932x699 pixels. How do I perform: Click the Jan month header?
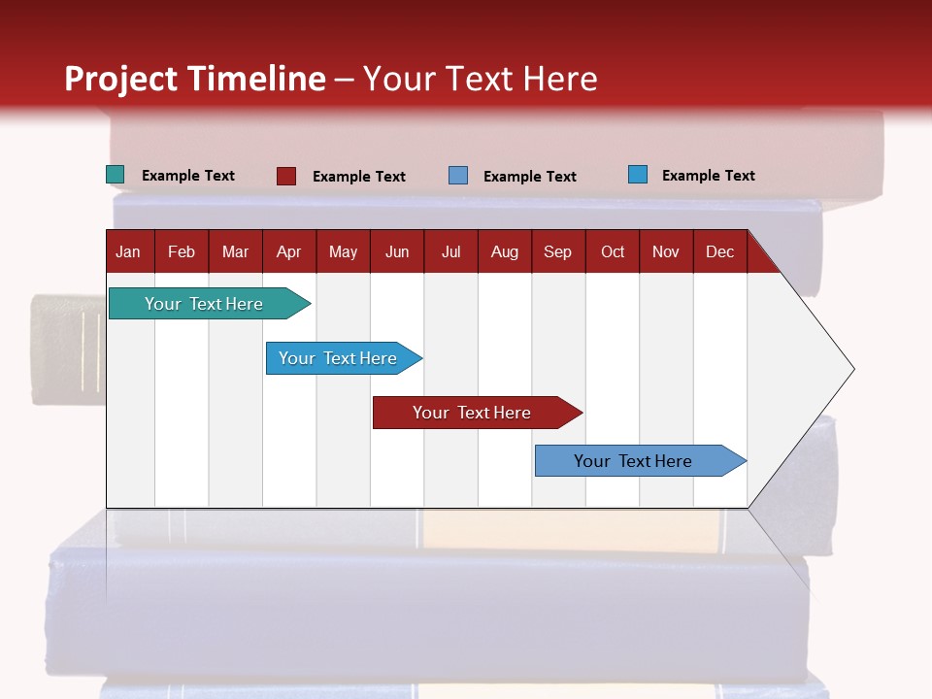tap(129, 251)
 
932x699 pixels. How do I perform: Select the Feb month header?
tap(182, 251)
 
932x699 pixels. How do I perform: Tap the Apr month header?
tap(289, 251)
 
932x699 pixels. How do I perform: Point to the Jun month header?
tap(397, 251)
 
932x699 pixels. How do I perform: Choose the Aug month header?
tap(505, 251)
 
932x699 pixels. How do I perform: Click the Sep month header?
tap(558, 251)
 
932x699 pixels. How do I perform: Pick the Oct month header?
tap(613, 251)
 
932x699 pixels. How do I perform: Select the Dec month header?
tap(720, 251)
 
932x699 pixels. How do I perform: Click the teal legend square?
tap(116, 175)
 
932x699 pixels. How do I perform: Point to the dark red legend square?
tap(286, 176)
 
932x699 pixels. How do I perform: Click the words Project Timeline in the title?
tap(195, 79)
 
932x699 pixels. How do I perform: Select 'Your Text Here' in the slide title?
tap(481, 79)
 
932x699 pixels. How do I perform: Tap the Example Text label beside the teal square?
tap(188, 176)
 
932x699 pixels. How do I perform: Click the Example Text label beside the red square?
tap(359, 177)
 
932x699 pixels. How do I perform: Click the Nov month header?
tap(666, 251)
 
